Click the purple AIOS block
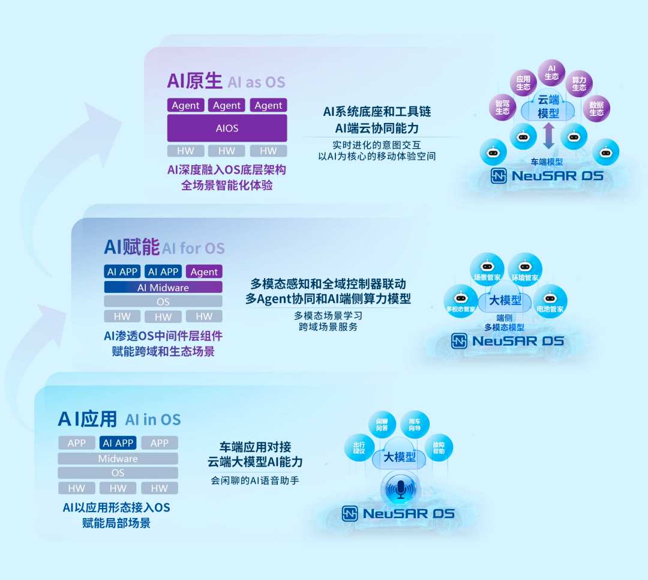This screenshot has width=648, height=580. coord(227,128)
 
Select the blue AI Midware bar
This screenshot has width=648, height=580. coord(163,288)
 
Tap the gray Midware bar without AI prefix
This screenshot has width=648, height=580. coord(118,459)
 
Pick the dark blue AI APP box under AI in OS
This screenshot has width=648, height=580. coord(118,443)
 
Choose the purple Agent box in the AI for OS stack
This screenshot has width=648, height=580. coord(204,272)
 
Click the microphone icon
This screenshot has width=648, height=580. coord(399,490)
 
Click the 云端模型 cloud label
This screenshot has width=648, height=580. coord(548,107)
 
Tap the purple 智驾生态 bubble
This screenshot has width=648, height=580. coord(503,107)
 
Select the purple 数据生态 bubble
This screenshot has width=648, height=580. coord(596,108)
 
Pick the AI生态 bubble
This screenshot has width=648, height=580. coord(552,72)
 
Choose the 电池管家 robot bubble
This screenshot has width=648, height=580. coord(550,302)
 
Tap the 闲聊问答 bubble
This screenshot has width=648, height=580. coord(382,424)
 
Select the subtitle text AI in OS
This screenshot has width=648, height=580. coord(153,419)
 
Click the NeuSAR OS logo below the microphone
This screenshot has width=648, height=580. coord(398,514)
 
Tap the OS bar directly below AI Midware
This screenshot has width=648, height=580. coord(163,302)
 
